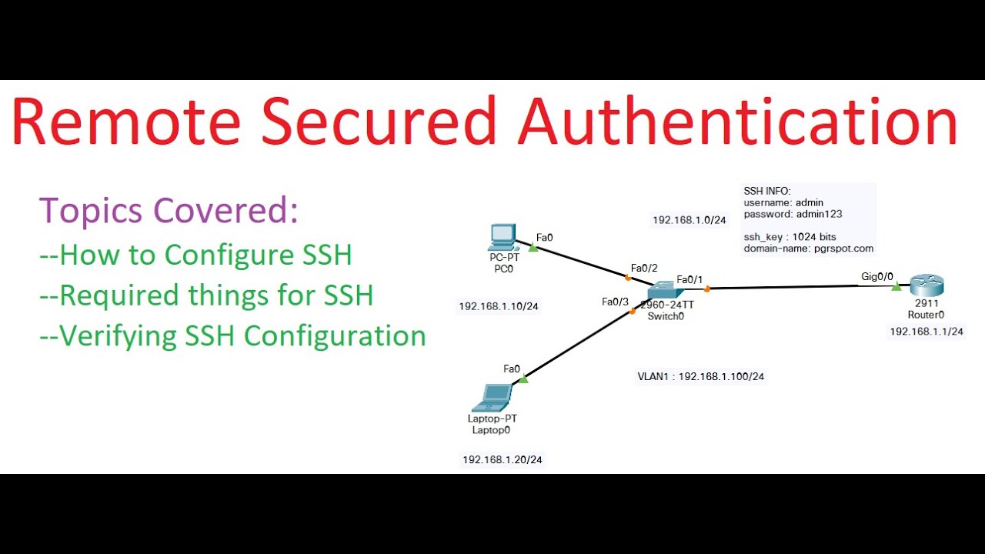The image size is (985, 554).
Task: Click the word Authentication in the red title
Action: (x=737, y=122)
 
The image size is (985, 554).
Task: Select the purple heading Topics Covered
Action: (x=169, y=210)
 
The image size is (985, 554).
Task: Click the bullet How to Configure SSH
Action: (x=195, y=255)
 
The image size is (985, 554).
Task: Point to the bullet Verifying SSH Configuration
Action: (x=232, y=335)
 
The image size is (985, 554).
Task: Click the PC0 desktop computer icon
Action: (x=502, y=237)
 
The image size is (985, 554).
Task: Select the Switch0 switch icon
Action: (x=662, y=291)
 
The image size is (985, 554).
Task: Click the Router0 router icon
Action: (x=926, y=286)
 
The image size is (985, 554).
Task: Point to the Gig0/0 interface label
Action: (x=877, y=275)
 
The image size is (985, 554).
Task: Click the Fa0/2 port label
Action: (x=644, y=268)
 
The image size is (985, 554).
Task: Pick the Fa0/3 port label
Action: (x=615, y=302)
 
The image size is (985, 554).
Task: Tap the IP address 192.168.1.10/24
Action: (x=499, y=306)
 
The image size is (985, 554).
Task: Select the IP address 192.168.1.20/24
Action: (x=502, y=459)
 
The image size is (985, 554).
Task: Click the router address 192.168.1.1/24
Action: (x=927, y=332)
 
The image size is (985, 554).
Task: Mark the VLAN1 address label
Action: (x=701, y=376)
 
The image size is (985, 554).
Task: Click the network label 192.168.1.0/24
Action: (x=689, y=220)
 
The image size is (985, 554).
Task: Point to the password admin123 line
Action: (x=793, y=214)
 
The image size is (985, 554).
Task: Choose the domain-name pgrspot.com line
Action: (x=808, y=249)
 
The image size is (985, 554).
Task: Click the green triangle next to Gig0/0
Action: (x=897, y=287)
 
